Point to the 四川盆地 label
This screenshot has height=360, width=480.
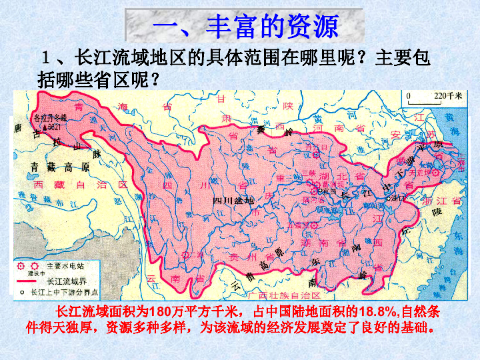pyautogui.click(x=233, y=199)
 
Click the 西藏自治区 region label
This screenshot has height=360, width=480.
pyautogui.click(x=80, y=184)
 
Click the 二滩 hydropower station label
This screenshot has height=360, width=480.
pyautogui.click(x=194, y=254)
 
